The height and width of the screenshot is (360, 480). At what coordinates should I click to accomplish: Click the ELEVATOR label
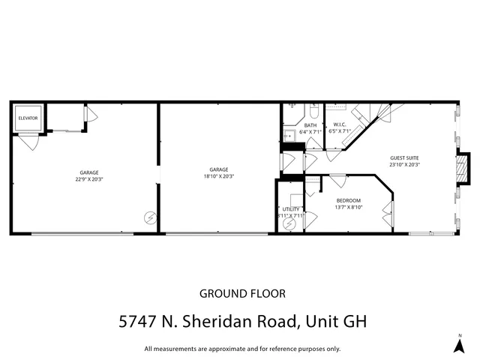[28, 118]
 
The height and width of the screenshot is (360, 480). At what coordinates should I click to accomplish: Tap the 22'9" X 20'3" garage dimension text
[87, 179]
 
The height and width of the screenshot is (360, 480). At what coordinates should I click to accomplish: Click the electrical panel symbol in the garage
[150, 217]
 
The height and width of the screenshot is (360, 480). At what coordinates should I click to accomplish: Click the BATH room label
[310, 124]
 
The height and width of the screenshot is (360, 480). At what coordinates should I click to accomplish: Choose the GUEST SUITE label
[404, 157]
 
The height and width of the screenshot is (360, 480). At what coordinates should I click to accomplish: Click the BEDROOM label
[349, 200]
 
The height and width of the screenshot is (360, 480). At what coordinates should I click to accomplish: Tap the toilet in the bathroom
[313, 110]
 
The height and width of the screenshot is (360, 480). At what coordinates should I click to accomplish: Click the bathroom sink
[287, 136]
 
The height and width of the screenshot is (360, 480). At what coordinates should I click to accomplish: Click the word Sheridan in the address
[220, 322]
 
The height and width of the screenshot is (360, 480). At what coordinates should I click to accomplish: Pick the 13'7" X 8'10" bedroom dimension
[349, 208]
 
